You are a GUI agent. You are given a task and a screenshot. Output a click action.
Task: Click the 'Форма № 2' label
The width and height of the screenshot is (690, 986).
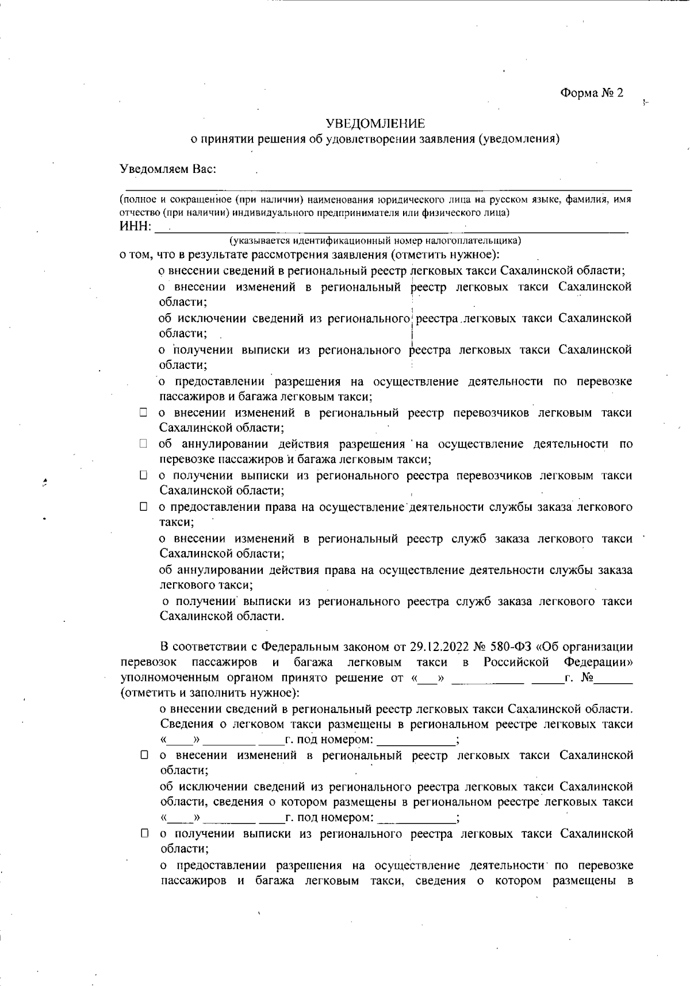coord(592,93)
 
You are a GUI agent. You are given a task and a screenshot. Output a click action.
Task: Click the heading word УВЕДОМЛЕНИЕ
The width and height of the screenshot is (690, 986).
coord(375,124)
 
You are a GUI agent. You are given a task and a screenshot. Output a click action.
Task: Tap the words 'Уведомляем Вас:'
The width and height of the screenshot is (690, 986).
coord(168,170)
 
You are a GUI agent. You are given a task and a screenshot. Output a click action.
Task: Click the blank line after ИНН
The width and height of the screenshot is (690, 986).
coord(391,229)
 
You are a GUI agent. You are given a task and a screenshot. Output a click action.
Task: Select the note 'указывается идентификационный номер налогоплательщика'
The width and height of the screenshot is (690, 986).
coord(375,240)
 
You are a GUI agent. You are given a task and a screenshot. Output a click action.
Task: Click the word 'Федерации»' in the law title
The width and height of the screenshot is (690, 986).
coord(599,662)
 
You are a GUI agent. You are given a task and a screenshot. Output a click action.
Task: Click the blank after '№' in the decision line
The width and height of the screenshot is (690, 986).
coord(614,679)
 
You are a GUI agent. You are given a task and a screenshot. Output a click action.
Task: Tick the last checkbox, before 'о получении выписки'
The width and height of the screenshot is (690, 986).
coord(145,834)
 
